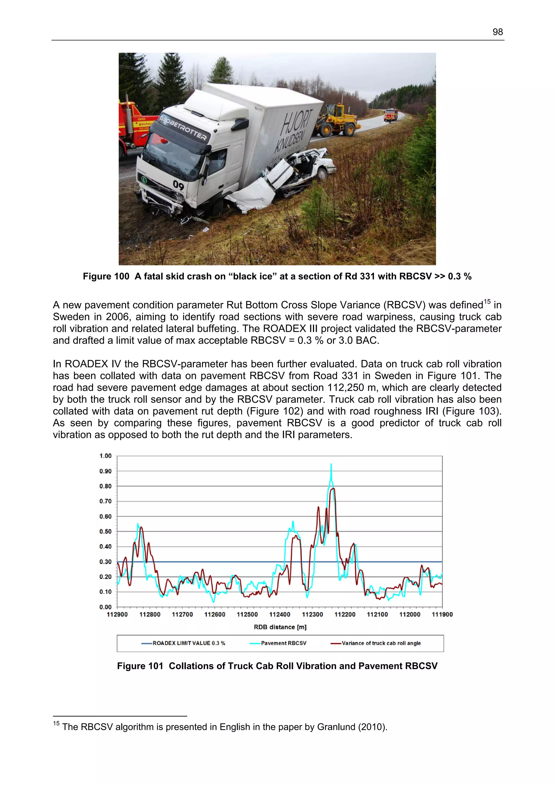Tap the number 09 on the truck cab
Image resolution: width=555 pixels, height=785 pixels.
click(x=178, y=185)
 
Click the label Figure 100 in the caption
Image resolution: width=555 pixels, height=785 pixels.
click(x=106, y=276)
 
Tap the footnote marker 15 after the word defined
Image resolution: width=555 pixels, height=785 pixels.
click(x=487, y=302)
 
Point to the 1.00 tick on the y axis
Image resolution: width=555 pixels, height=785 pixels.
click(x=105, y=456)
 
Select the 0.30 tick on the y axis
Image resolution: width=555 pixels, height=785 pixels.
click(x=105, y=561)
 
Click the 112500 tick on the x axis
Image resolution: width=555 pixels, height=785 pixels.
click(x=247, y=614)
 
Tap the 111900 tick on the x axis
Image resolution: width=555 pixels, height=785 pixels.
click(x=442, y=614)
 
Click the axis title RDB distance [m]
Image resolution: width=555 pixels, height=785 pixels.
click(x=280, y=627)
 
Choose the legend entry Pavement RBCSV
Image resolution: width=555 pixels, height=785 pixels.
click(x=283, y=643)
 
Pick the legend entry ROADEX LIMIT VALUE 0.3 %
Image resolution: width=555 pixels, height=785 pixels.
click(x=189, y=643)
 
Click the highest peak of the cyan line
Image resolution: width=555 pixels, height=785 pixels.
click(x=331, y=464)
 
